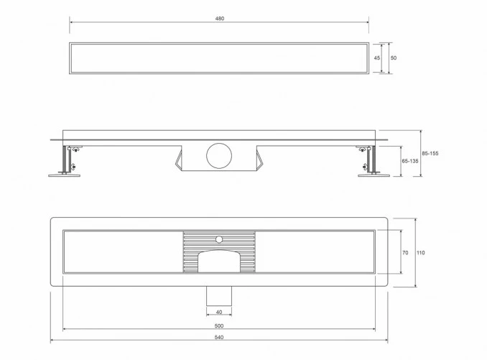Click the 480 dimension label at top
(220, 19)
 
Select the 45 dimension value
(377, 57)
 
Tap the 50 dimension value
(393, 57)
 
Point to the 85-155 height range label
(431, 153)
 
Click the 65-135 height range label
(409, 162)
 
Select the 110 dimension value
(421, 252)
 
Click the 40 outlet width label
(219, 312)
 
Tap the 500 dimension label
(219, 326)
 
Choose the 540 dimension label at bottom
(219, 338)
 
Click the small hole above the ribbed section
(218, 236)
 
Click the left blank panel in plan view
(122, 252)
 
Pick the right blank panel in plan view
(315, 252)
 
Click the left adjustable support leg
(67, 160)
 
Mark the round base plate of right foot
(374, 173)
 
